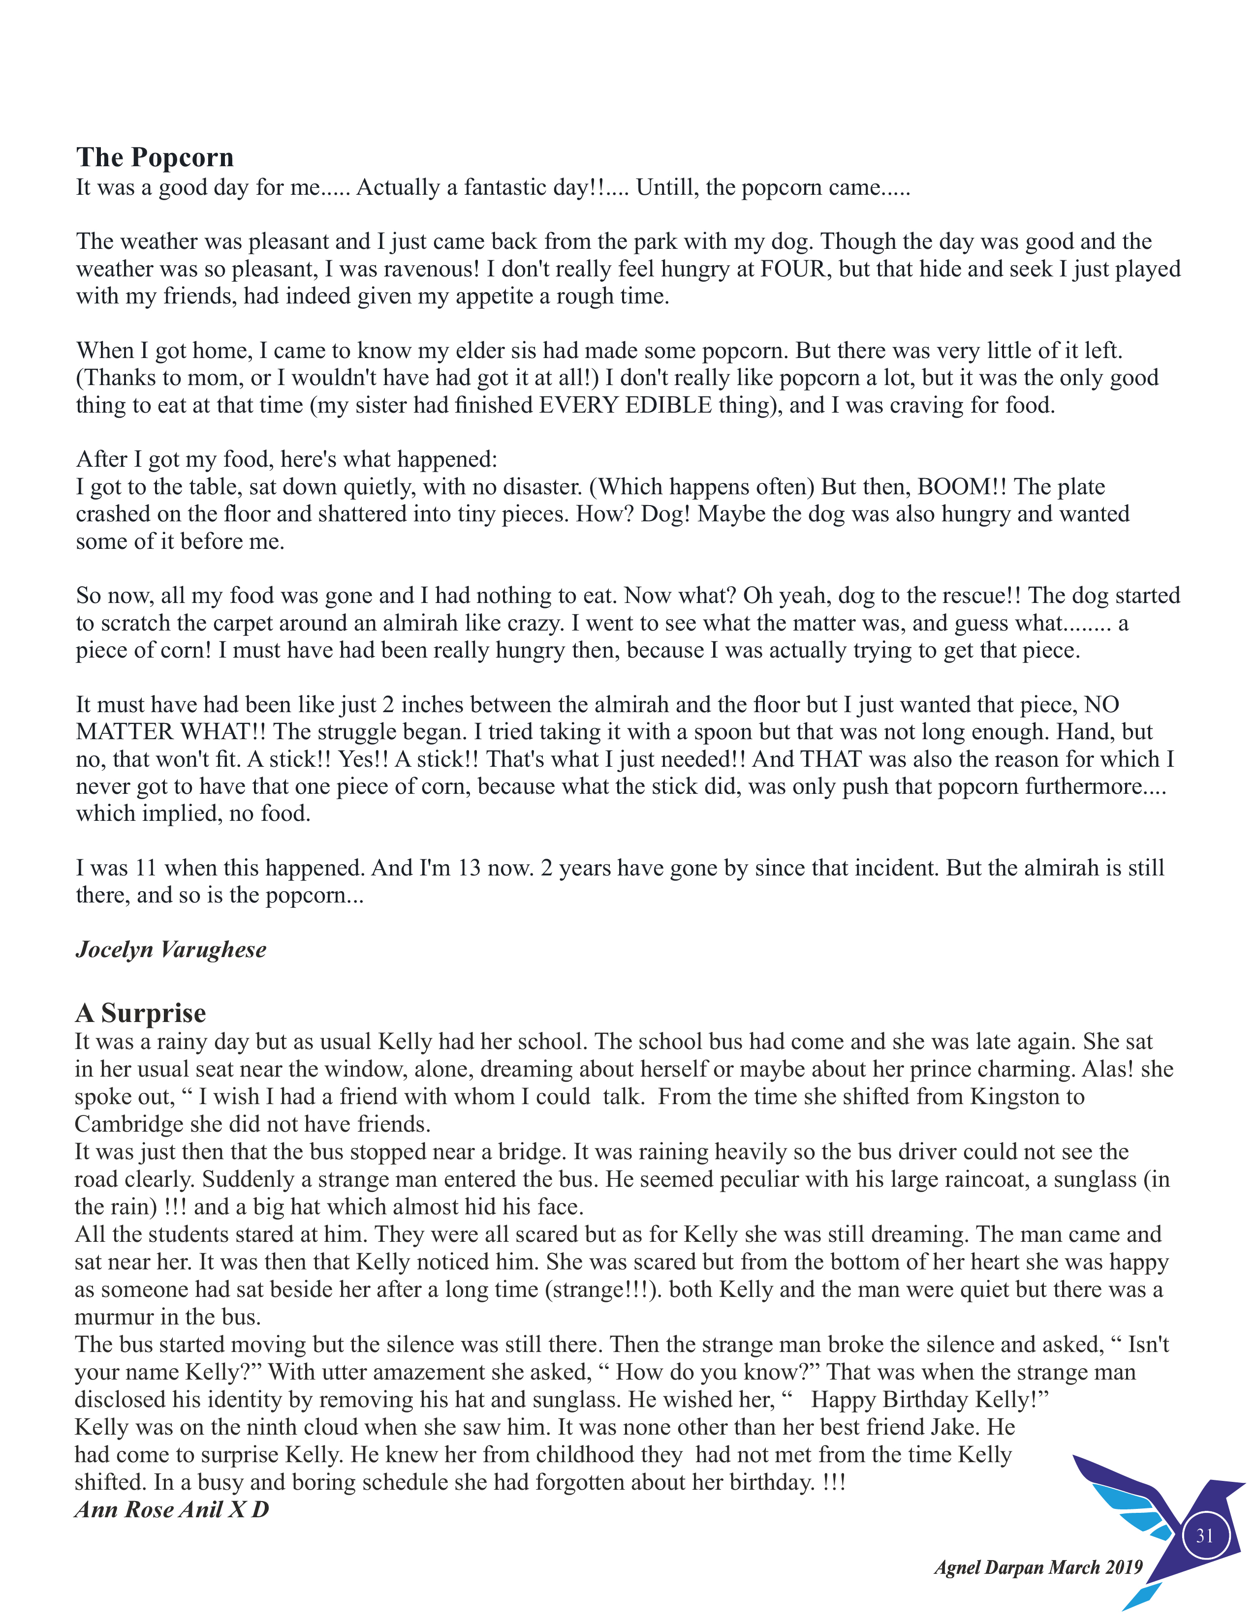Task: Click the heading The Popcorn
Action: click(x=155, y=157)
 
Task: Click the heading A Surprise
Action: click(x=141, y=1013)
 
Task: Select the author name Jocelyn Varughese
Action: click(x=171, y=950)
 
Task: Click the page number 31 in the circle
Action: click(x=1204, y=1536)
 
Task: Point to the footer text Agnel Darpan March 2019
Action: click(x=1038, y=1567)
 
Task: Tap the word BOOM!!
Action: click(x=962, y=487)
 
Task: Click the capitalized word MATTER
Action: click(x=125, y=732)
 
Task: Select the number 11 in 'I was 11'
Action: click(x=145, y=868)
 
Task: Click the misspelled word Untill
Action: click(x=665, y=187)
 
